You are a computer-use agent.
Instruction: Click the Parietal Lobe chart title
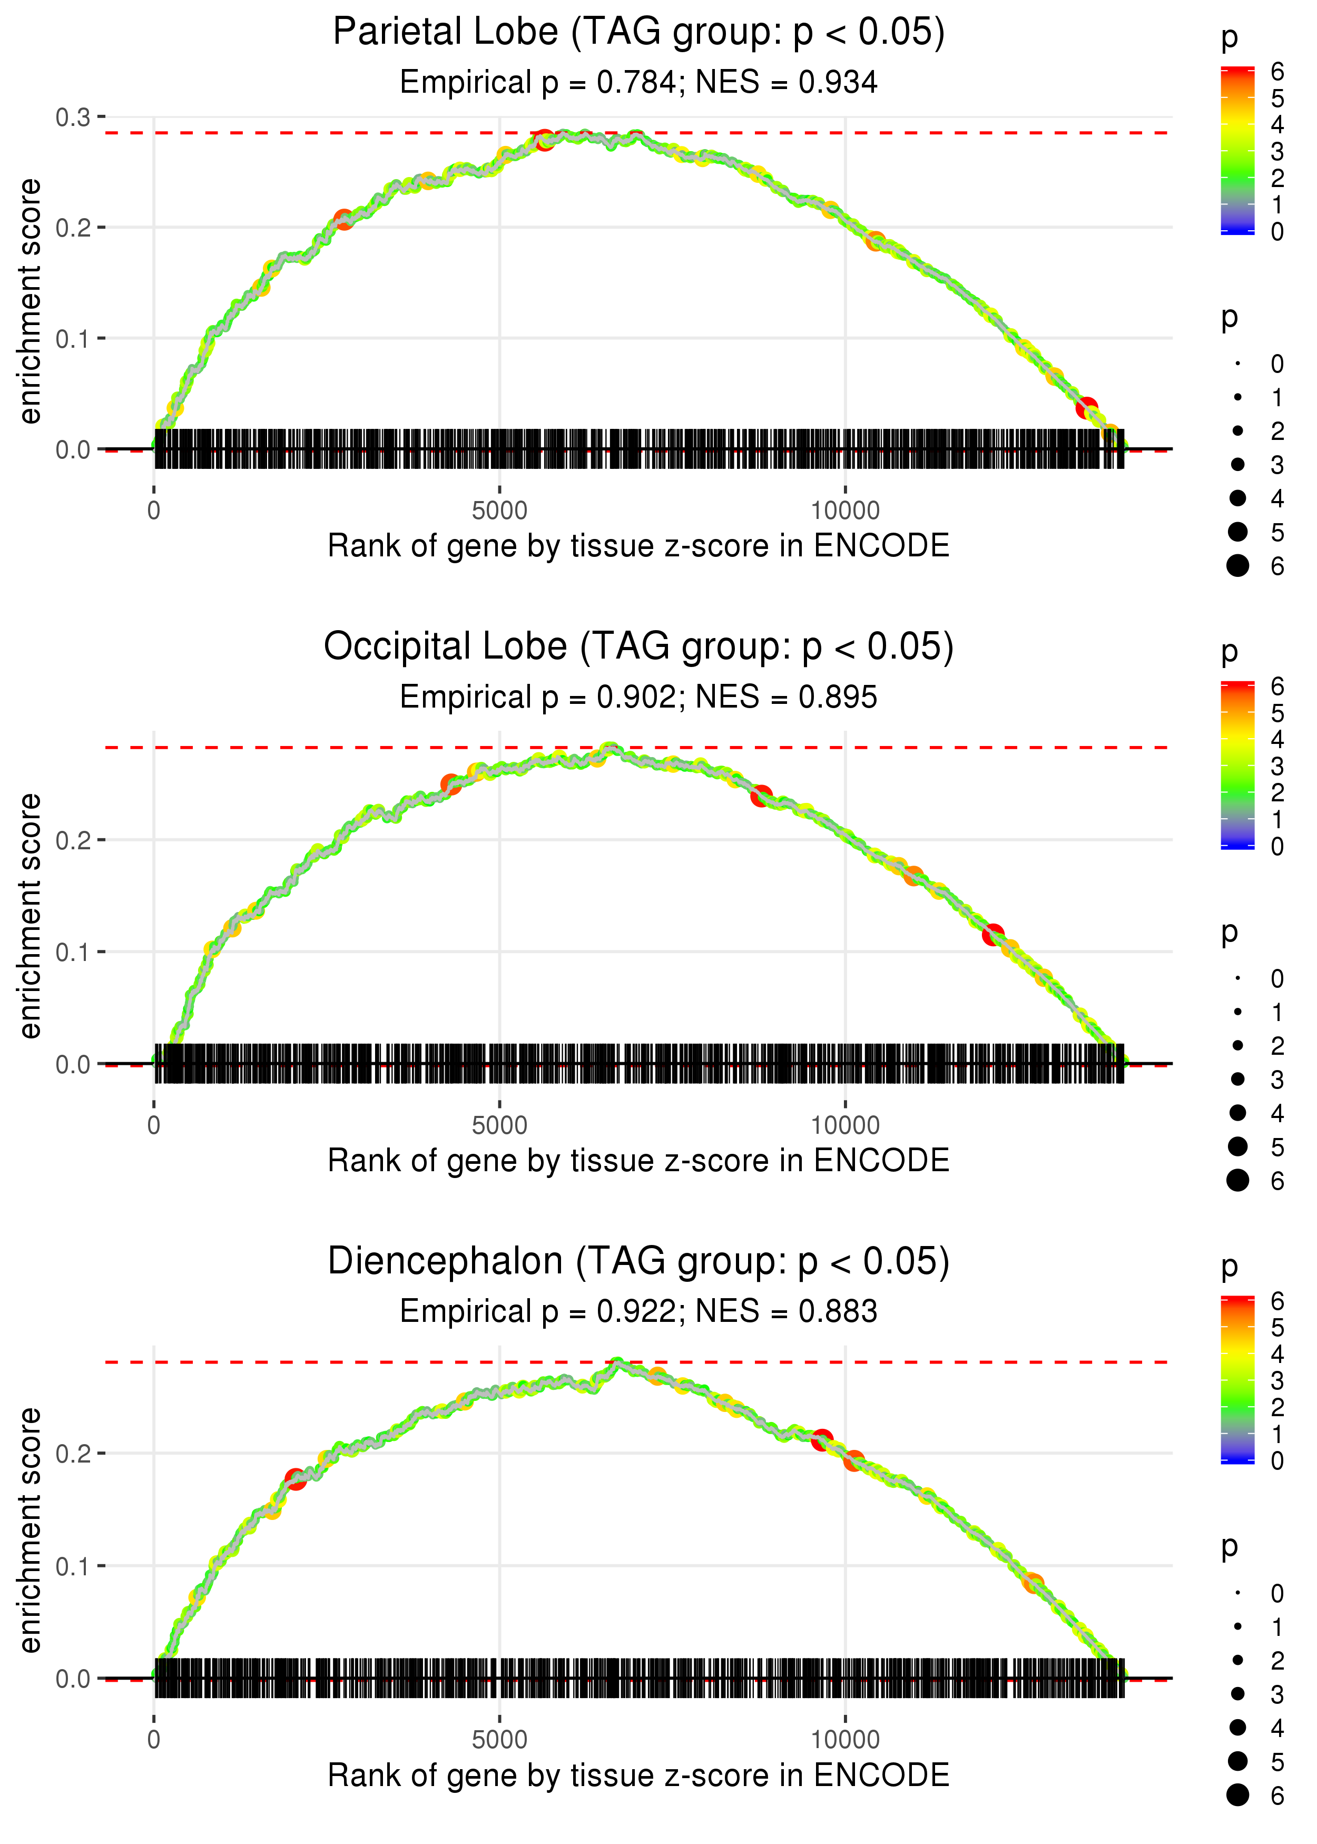coord(638,33)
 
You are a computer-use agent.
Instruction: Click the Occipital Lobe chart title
coord(638,647)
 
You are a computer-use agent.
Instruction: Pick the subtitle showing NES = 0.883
coord(638,1311)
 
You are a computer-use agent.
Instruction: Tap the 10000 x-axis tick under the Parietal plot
coord(845,511)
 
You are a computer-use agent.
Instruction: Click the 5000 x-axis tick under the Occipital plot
coord(499,1125)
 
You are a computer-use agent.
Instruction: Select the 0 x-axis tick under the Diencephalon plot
coord(154,1740)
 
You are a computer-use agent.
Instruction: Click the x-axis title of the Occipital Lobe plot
coord(638,1161)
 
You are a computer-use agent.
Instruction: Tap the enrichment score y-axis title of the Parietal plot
coord(30,302)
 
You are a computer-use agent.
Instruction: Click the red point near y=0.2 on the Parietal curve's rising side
coord(344,220)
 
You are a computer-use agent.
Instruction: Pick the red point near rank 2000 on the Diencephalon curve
coord(296,1479)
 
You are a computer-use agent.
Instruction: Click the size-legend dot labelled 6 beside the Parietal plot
coord(1237,565)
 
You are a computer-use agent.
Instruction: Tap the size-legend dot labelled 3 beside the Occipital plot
coord(1237,1080)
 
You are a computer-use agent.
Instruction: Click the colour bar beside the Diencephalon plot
coord(1237,1381)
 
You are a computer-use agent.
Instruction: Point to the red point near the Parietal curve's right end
coord(1087,407)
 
